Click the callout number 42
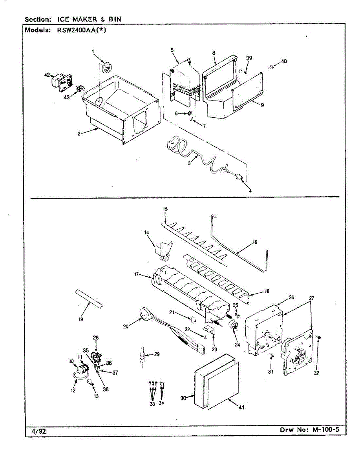47,75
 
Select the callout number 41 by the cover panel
241,407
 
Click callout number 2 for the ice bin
79,133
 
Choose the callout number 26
291,297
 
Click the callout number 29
157,354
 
